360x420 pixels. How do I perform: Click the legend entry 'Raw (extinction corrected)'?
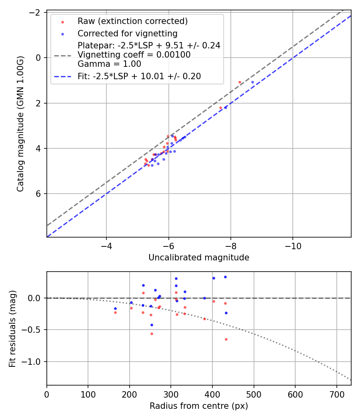click(132, 21)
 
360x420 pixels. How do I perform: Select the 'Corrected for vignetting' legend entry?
click(127, 34)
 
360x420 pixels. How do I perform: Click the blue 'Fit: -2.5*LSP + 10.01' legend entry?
click(139, 76)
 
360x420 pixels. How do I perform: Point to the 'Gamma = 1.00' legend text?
click(109, 64)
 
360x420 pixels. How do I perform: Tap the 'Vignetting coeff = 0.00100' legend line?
click(134, 55)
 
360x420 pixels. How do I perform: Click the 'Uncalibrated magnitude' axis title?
click(199, 258)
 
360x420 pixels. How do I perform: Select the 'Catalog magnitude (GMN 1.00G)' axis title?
click(20, 124)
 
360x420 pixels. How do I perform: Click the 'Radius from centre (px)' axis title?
click(199, 406)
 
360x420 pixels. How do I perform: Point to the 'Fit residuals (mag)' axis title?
click(12, 328)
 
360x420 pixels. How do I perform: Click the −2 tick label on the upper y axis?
click(36, 12)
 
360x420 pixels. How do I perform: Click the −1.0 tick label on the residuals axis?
click(33, 362)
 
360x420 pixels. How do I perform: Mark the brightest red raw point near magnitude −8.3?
click(240, 82)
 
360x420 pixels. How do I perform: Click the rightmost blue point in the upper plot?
click(252, 82)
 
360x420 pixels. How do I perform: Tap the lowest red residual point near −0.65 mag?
click(226, 339)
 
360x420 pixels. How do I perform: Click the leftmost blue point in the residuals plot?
click(115, 308)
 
